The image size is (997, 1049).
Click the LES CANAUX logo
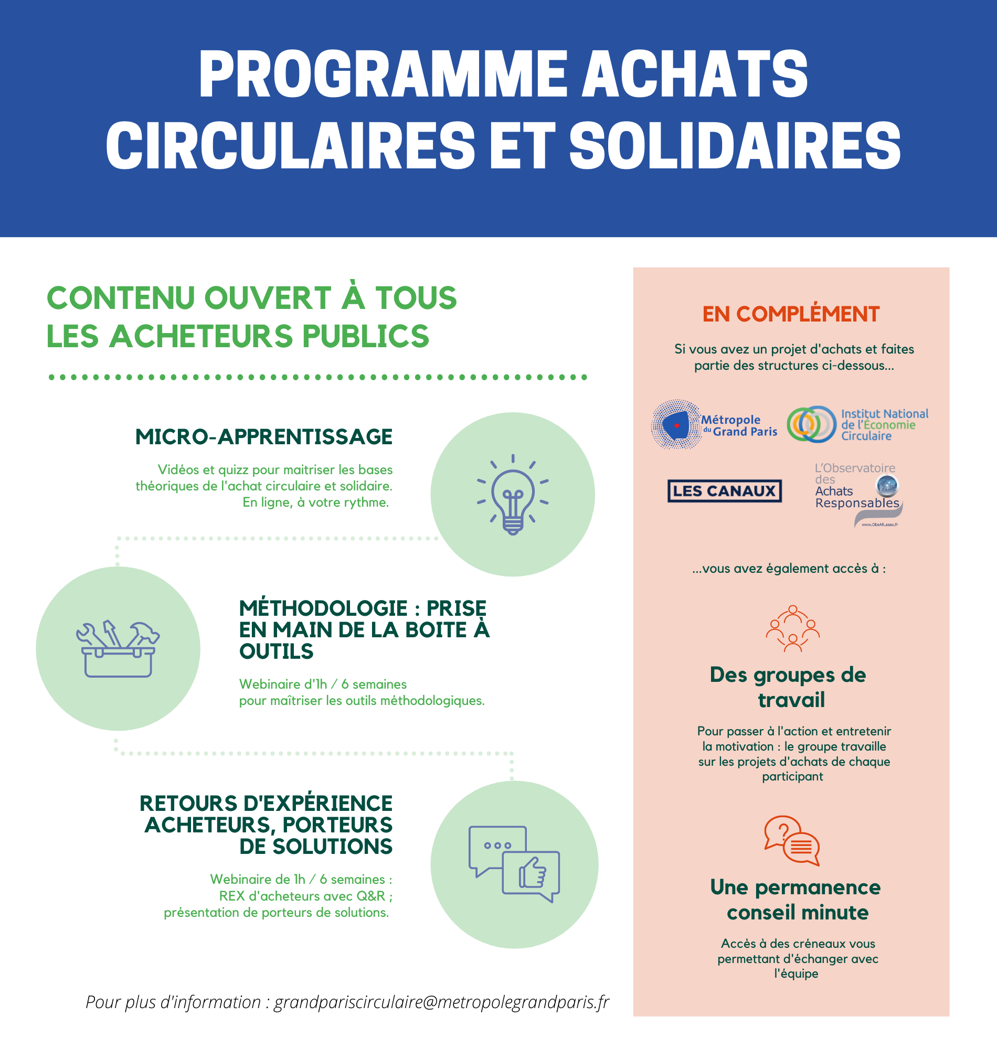coord(724,490)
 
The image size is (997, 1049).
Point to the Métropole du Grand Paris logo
coord(714,425)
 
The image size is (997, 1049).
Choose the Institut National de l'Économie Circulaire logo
coord(857,424)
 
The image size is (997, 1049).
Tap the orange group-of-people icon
coord(792,628)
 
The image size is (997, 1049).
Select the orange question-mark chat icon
coord(792,840)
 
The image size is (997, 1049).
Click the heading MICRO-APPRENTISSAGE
coord(263,436)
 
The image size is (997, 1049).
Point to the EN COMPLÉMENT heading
coord(791,314)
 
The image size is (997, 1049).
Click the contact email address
coord(441,1002)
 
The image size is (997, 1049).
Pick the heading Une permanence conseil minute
coord(795,899)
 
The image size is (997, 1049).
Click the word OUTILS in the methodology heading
coord(277,651)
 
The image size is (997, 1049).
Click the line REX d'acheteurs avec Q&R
coord(305,895)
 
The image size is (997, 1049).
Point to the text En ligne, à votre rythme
coord(316,502)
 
